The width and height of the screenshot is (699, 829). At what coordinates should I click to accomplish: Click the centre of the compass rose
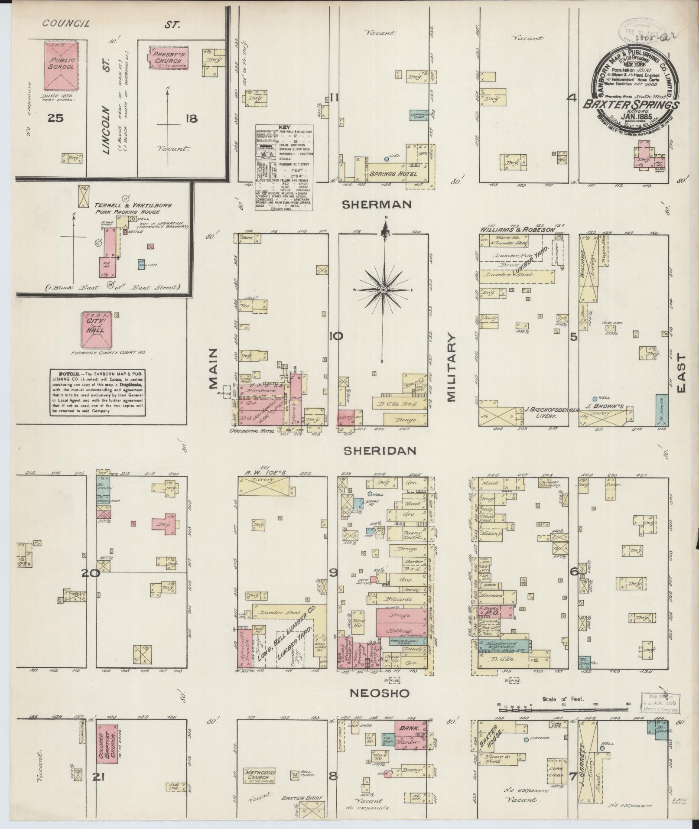pos(384,289)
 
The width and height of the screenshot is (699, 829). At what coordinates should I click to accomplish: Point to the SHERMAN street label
pos(376,204)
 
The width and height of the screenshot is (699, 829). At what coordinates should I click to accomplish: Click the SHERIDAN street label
pos(380,451)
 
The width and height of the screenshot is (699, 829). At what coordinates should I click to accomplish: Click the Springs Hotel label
pos(393,174)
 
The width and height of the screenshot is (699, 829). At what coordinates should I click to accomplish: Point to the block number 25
pos(56,117)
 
